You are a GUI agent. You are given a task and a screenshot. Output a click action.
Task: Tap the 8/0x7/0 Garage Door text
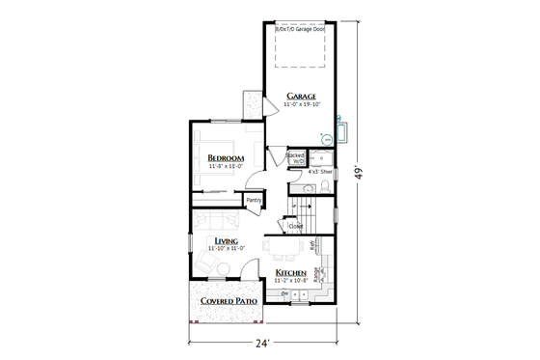coord(300,29)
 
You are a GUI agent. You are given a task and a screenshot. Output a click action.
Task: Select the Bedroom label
coord(225,157)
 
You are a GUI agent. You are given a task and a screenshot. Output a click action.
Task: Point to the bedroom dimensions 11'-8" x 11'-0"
coord(225,167)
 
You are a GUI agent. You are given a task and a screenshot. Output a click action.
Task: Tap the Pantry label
coord(255,200)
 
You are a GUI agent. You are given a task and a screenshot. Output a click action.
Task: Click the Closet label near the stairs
coord(296,227)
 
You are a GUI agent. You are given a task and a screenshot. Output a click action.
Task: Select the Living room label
coord(228,240)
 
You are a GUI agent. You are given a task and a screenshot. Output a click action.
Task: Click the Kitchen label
coord(291,273)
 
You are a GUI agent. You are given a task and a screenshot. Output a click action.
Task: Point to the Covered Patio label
coord(228,302)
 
